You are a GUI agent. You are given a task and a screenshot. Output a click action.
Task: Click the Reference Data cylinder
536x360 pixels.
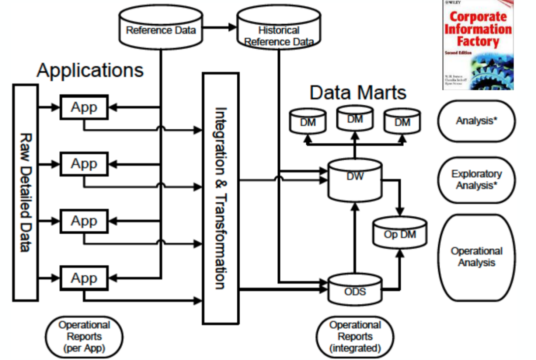click(160, 29)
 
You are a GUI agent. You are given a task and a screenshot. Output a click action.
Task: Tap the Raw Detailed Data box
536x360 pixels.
click(25, 192)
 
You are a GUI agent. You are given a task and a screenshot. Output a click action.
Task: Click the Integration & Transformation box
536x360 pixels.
click(220, 198)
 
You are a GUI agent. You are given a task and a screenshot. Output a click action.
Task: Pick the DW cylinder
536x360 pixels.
click(354, 180)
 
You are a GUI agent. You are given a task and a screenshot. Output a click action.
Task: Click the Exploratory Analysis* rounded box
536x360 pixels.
click(476, 180)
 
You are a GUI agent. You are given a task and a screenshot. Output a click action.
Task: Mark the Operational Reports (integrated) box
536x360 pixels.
click(355, 336)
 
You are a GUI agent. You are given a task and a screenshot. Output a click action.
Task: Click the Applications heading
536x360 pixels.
click(90, 70)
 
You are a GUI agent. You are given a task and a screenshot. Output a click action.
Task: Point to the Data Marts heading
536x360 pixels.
click(358, 92)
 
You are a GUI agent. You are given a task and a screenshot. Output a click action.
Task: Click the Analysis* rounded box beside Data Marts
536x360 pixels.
click(476, 121)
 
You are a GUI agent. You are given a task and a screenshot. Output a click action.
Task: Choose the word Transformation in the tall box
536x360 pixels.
click(220, 240)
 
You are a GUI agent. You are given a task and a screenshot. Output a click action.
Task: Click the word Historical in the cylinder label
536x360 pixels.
click(278, 30)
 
